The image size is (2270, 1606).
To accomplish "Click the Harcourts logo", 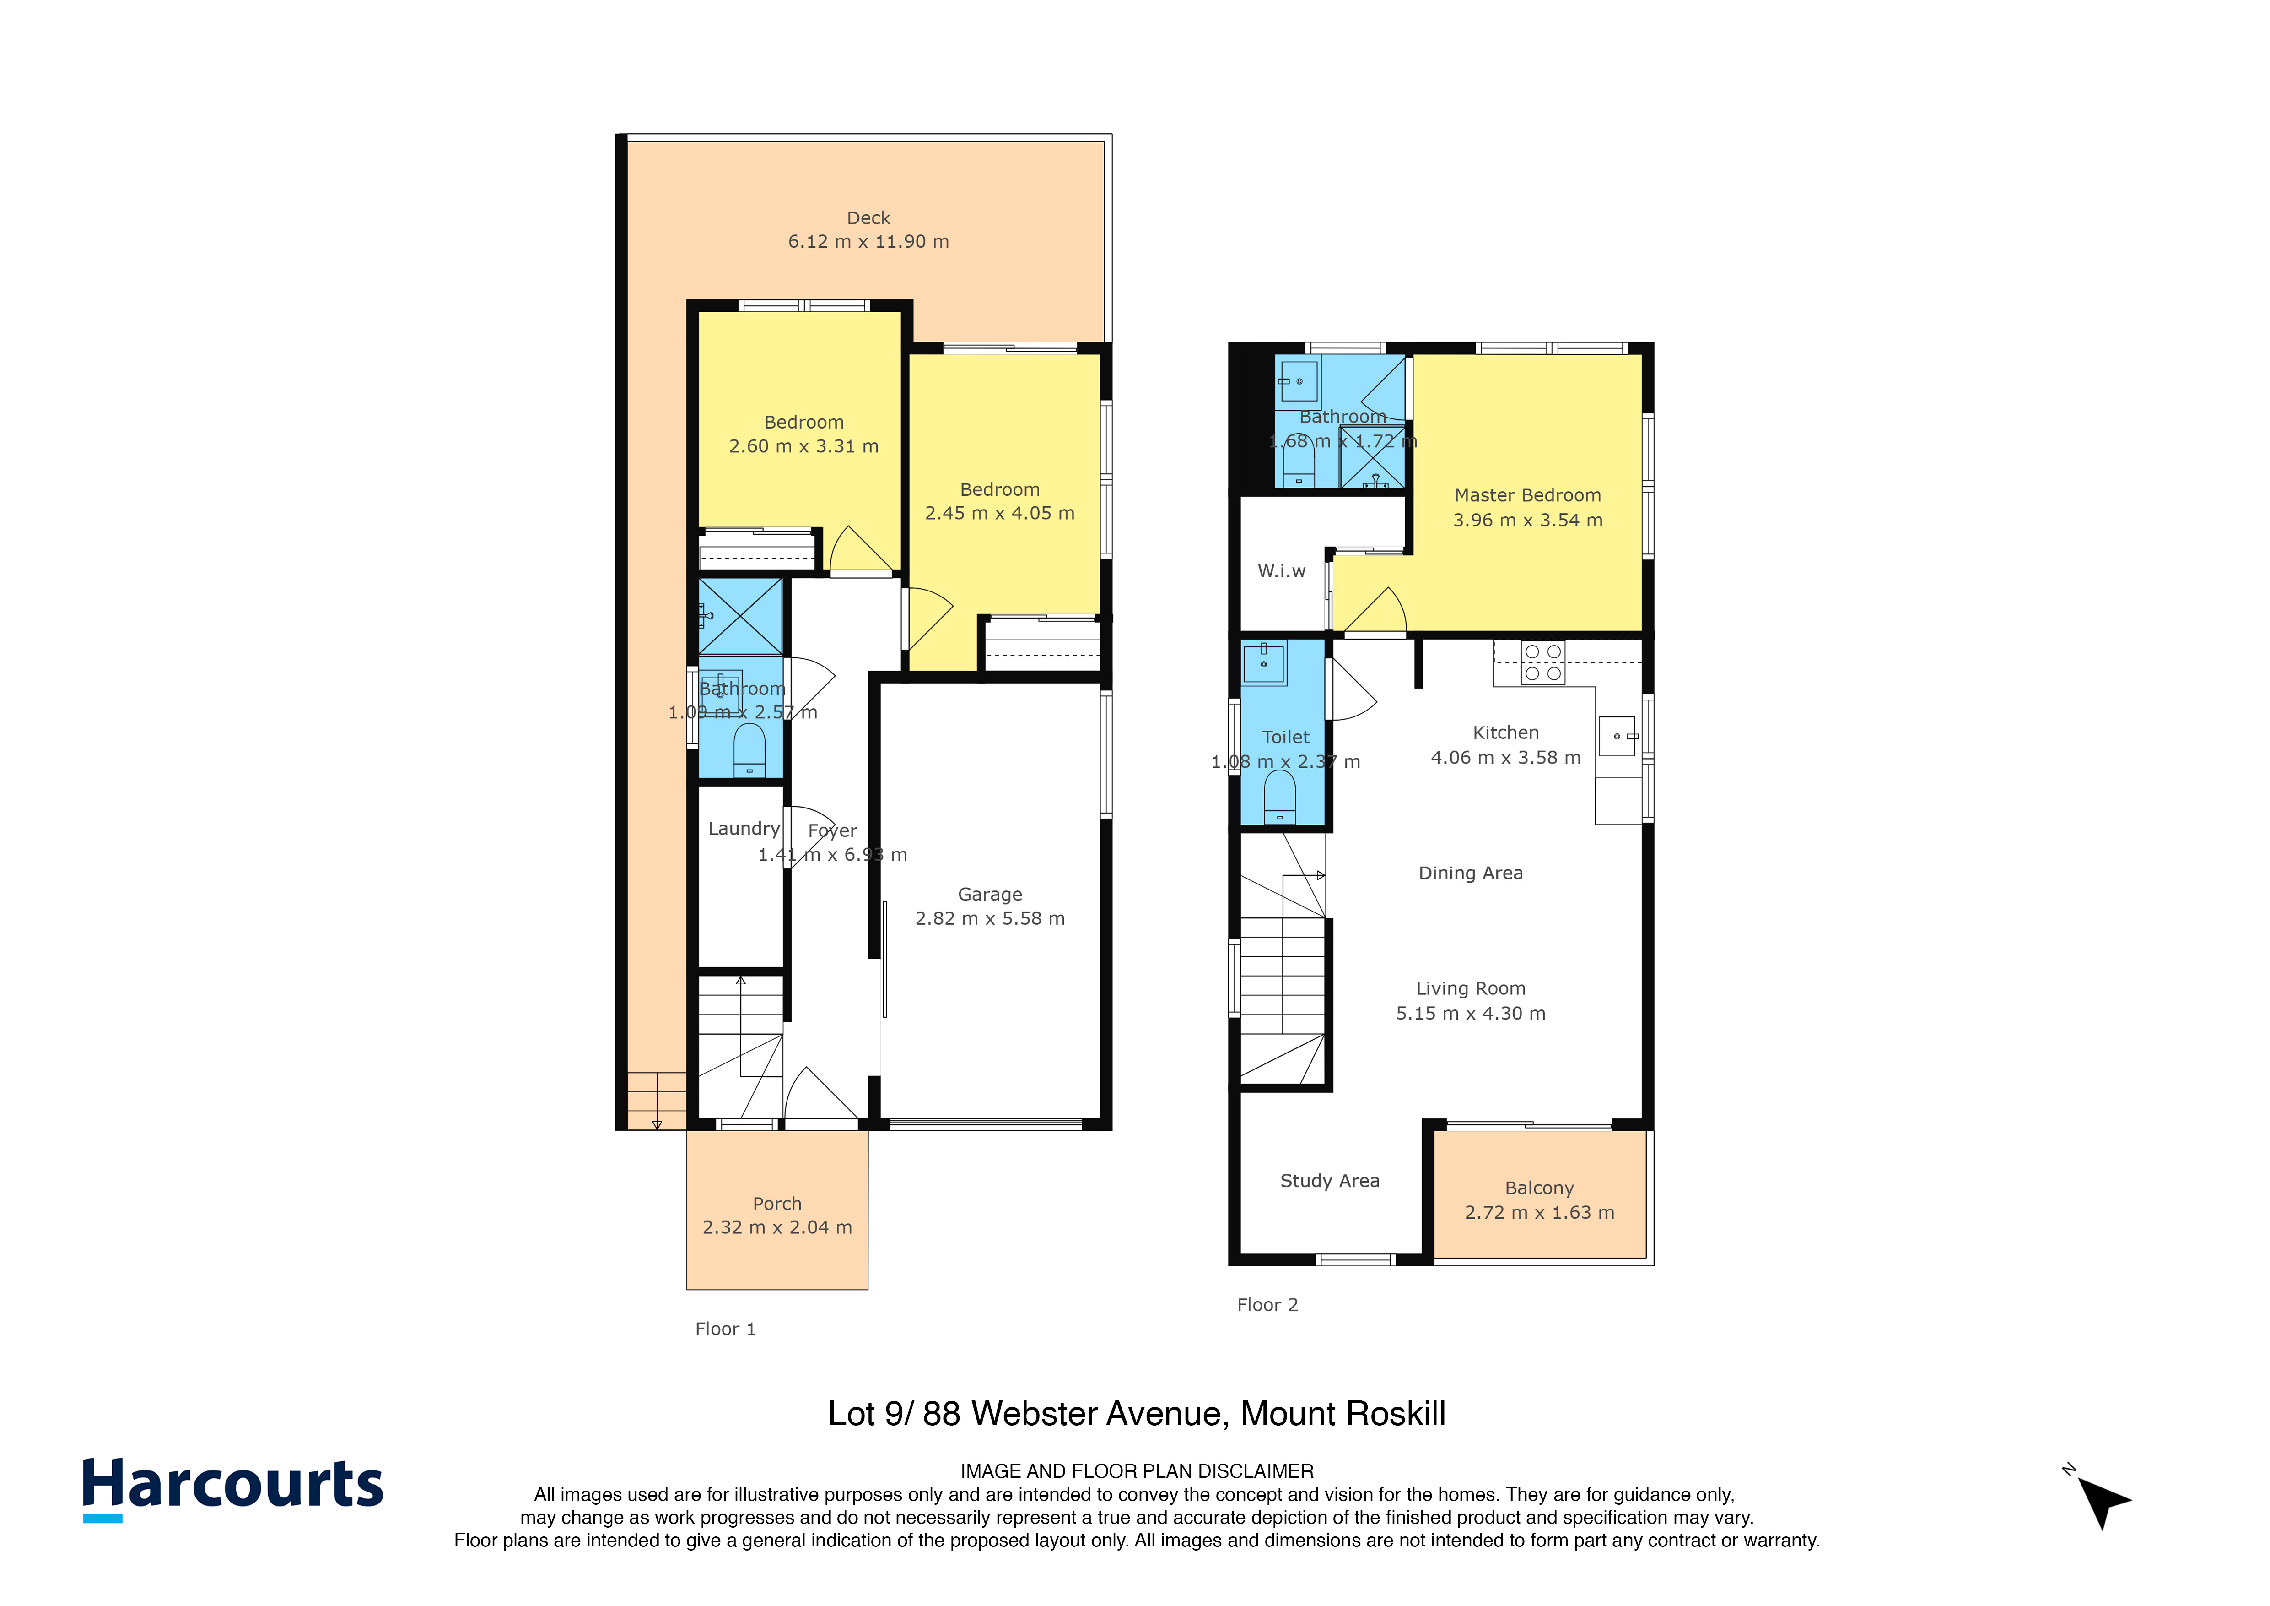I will click(x=232, y=1487).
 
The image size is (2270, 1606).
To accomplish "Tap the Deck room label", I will click(x=868, y=217).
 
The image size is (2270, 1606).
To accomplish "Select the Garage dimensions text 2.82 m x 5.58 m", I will click(x=990, y=919).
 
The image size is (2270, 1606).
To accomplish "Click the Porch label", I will click(x=777, y=1204).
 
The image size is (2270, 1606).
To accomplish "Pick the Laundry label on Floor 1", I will click(x=744, y=829).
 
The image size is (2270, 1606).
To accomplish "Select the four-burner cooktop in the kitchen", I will click(x=1542, y=662).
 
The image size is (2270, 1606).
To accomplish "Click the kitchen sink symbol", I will click(x=1618, y=736).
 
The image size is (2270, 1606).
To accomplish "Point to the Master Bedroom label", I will click(x=1527, y=495).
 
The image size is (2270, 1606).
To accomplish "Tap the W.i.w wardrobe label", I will click(x=1281, y=570).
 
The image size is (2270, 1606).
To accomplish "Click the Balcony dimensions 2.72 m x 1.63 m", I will click(x=1539, y=1212).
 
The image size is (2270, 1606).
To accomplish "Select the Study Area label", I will click(x=1330, y=1181).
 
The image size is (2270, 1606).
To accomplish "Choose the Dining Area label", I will click(x=1470, y=873).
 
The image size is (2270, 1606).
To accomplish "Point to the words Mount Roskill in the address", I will click(x=1343, y=1414).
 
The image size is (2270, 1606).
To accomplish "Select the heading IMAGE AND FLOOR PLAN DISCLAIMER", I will click(x=1137, y=1471).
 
